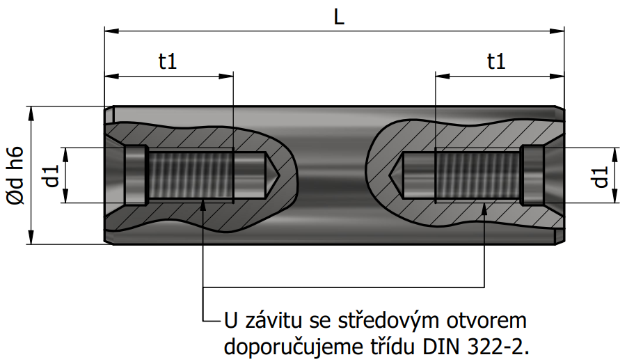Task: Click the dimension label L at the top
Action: tap(339, 17)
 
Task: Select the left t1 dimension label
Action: tap(168, 61)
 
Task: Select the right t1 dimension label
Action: tap(496, 61)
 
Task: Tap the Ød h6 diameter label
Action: tap(15, 175)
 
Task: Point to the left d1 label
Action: tap(52, 175)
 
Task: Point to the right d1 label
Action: tap(601, 176)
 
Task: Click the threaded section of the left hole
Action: tap(191, 175)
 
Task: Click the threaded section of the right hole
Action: tap(478, 175)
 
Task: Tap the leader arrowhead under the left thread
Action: tap(203, 206)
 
